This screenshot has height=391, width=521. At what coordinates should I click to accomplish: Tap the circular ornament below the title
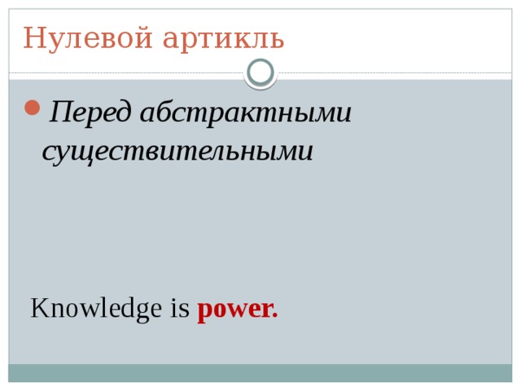pyautogui.click(x=260, y=72)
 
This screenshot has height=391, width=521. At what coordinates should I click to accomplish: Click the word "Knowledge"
pyautogui.click(x=96, y=310)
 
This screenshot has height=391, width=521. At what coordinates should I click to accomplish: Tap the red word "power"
pyautogui.click(x=234, y=310)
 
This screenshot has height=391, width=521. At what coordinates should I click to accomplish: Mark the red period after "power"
pyautogui.click(x=274, y=316)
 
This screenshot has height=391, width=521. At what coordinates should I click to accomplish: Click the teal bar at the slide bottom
pyautogui.click(x=260, y=372)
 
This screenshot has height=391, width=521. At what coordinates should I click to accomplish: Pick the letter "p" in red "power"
pyautogui.click(x=204, y=312)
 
